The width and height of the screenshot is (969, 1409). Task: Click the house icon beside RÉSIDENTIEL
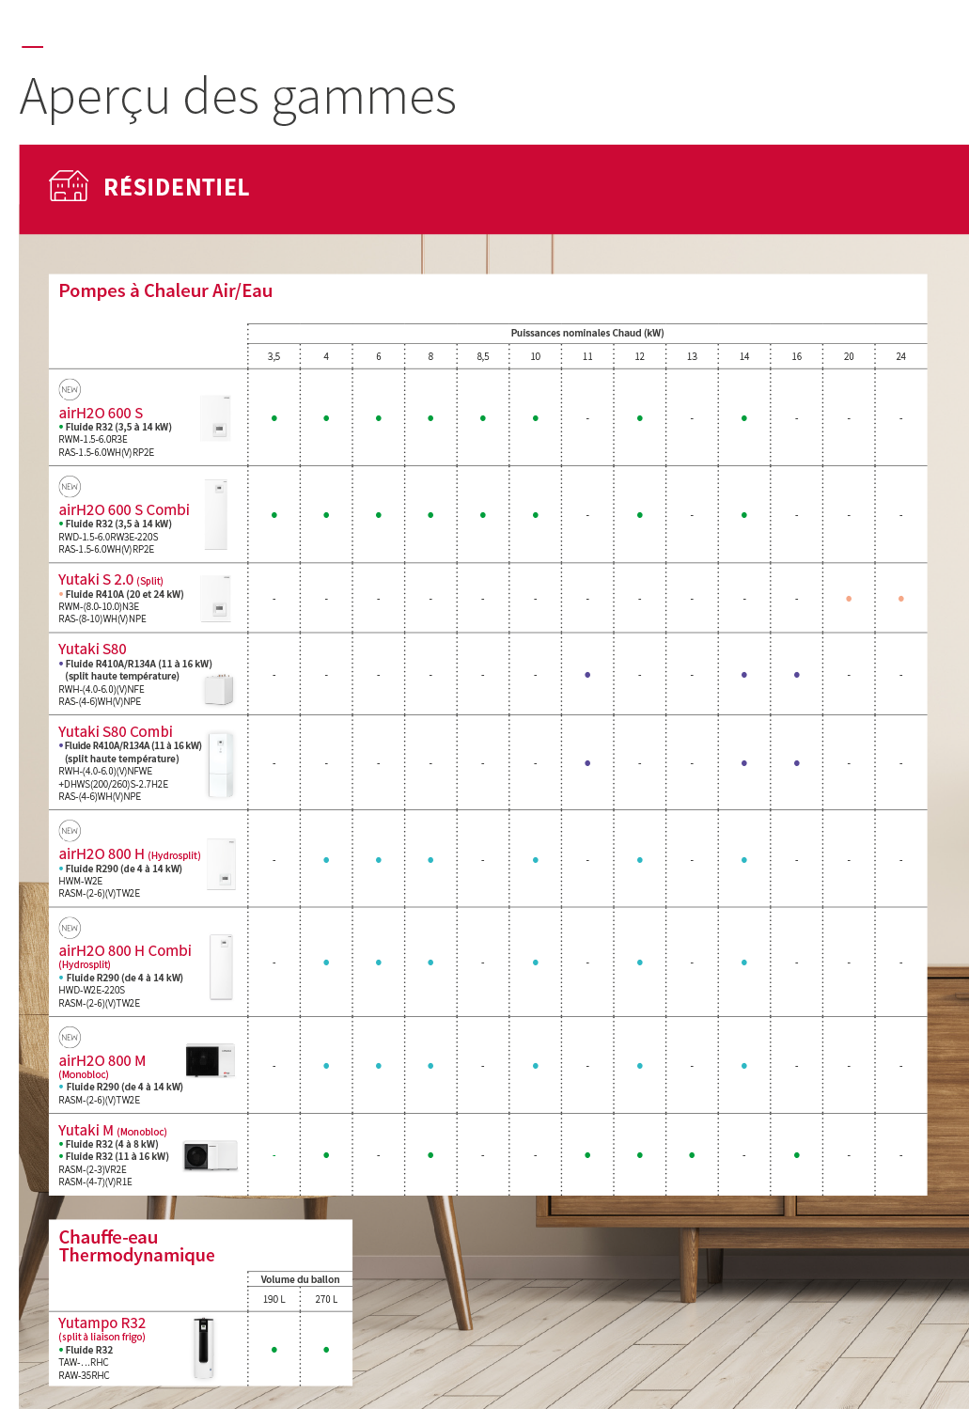pyautogui.click(x=69, y=186)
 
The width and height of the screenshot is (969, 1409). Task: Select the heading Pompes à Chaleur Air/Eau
pyautogui.click(x=165, y=291)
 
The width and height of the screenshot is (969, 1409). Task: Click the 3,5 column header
pyautogui.click(x=274, y=357)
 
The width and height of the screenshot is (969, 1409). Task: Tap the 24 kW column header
pyautogui.click(x=900, y=357)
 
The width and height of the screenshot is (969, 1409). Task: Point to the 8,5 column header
pyautogui.click(x=482, y=357)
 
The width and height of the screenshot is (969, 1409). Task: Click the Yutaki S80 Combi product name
pyautogui.click(x=116, y=731)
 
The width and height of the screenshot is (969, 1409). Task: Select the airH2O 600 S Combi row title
pyautogui.click(x=124, y=509)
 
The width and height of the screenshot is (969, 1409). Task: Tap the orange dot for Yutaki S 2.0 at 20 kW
pyautogui.click(x=849, y=599)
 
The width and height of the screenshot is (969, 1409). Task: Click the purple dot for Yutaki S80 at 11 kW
pyautogui.click(x=587, y=675)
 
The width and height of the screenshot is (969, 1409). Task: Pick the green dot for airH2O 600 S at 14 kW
pyautogui.click(x=744, y=418)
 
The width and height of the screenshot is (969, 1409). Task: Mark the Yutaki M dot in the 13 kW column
pyautogui.click(x=692, y=1155)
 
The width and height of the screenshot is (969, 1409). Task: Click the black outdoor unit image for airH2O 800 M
pyautogui.click(x=210, y=1060)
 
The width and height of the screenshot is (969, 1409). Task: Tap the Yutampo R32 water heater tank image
pyautogui.click(x=204, y=1348)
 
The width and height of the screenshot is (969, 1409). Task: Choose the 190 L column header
pyautogui.click(x=274, y=1300)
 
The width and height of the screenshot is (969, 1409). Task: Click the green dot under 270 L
pyautogui.click(x=326, y=1350)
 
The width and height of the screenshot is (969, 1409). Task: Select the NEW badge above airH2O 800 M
pyautogui.click(x=70, y=1038)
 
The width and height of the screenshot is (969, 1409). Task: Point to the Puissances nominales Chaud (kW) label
pyautogui.click(x=586, y=333)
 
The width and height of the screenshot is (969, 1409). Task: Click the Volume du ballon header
pyautogui.click(x=300, y=1279)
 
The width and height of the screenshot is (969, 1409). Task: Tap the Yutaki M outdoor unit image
pyautogui.click(x=210, y=1155)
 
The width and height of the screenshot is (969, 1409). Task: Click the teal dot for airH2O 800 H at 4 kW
pyautogui.click(x=326, y=860)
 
